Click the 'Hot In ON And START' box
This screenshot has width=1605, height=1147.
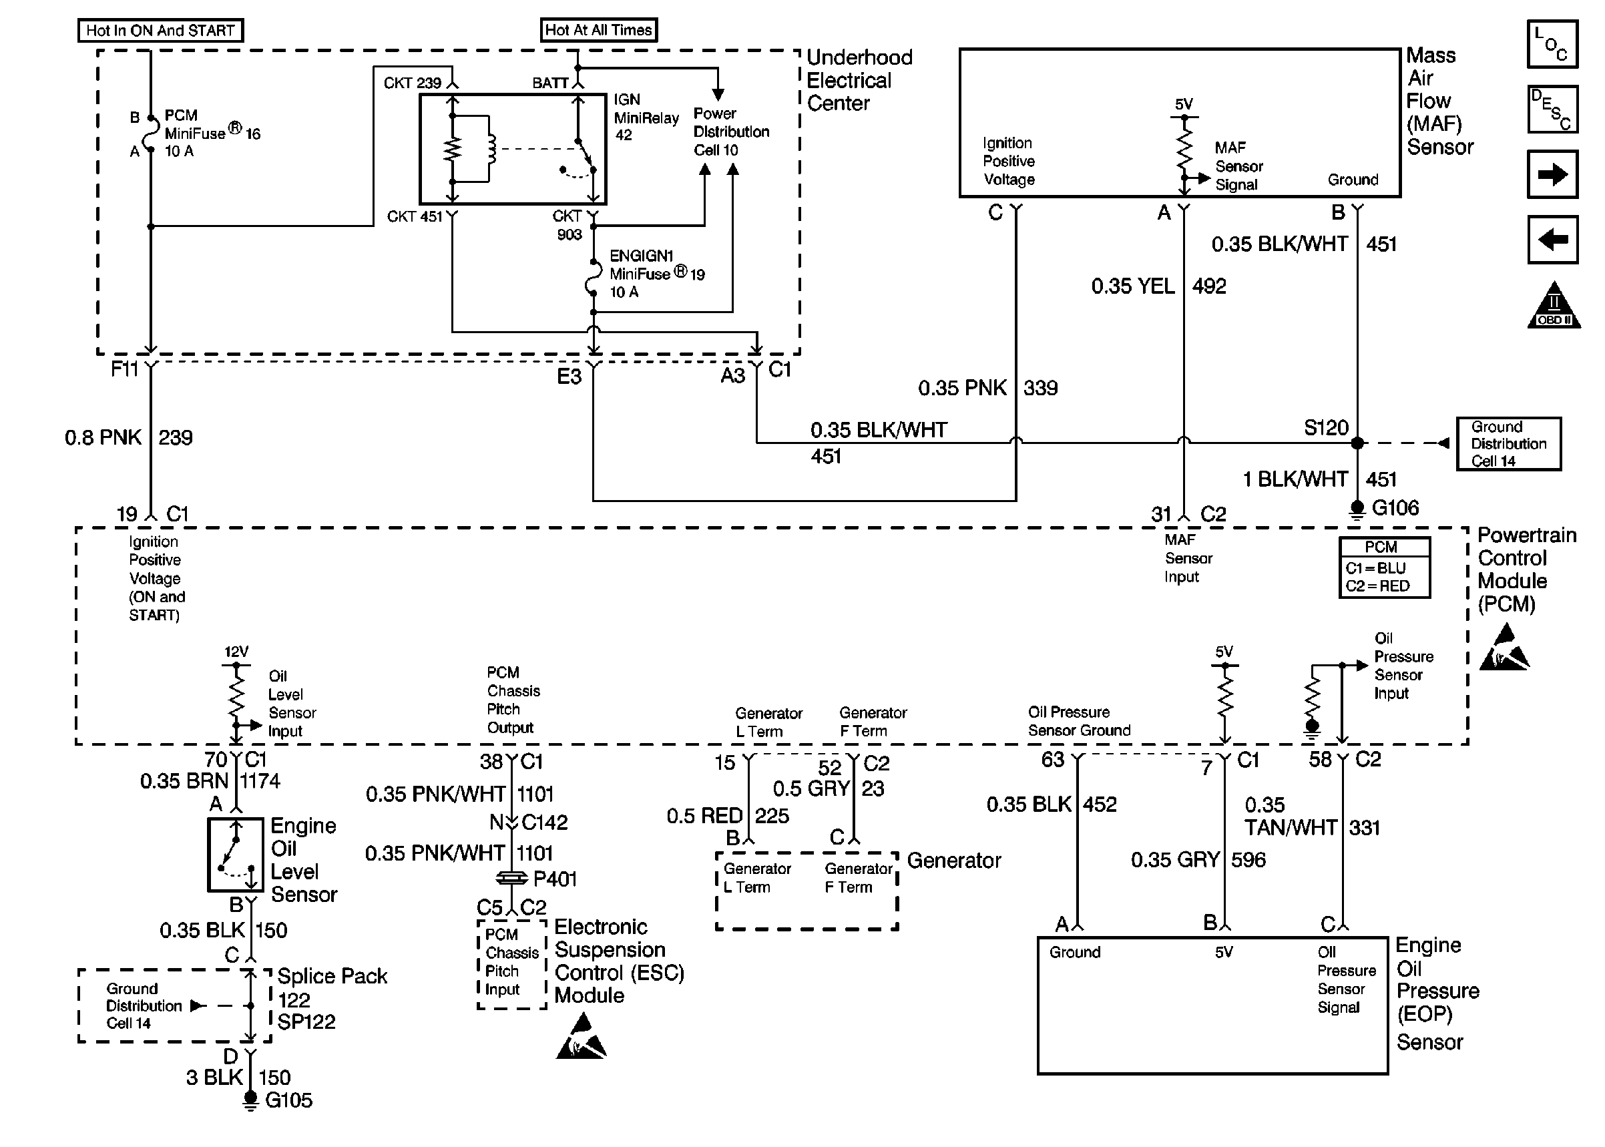[160, 30]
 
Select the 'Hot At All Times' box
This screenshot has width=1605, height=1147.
[598, 29]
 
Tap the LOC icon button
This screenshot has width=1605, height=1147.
[1552, 44]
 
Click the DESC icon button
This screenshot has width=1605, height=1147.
[1552, 109]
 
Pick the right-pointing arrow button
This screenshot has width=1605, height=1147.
[1552, 174]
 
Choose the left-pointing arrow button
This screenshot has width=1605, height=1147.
[1552, 240]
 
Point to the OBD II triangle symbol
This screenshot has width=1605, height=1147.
[1554, 306]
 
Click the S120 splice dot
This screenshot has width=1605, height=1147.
[1357, 443]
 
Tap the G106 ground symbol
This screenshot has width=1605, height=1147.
[1357, 509]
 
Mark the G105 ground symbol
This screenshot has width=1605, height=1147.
[250, 1100]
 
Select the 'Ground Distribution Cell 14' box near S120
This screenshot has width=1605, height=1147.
[1508, 443]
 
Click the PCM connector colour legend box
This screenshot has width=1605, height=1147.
[1384, 568]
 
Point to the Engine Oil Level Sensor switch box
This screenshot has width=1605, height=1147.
[236, 855]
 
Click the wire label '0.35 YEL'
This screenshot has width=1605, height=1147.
[1132, 286]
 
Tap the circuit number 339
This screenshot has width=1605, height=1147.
[1040, 388]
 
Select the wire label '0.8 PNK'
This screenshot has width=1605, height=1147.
[103, 438]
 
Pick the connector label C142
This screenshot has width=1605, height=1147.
[544, 822]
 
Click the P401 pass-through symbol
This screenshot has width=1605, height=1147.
[511, 878]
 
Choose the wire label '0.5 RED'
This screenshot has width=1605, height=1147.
[704, 817]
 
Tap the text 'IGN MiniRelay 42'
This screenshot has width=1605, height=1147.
[646, 118]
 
